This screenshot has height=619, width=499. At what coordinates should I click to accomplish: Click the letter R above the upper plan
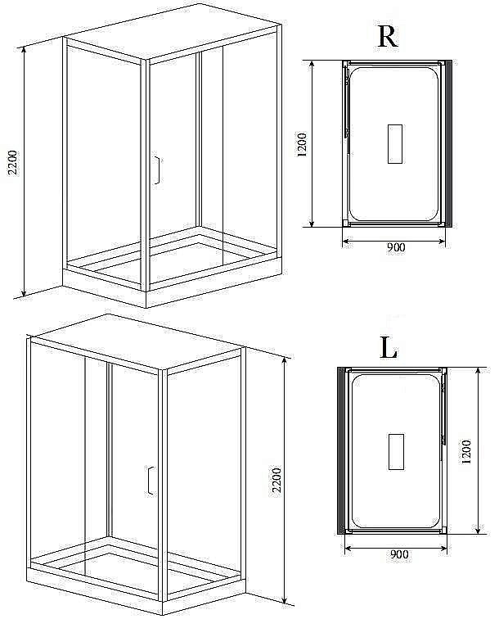[x=388, y=37]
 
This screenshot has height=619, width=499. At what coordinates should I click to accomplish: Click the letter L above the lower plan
[x=388, y=348]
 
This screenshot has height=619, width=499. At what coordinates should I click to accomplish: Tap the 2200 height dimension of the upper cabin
[x=13, y=163]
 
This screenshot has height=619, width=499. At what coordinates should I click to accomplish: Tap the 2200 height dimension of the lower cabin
[x=277, y=480]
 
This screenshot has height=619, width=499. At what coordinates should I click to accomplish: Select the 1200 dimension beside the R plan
[x=302, y=145]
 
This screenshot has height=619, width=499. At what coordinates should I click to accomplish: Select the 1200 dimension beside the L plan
[x=466, y=451]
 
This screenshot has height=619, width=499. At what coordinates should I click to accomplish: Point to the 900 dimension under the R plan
[x=396, y=247]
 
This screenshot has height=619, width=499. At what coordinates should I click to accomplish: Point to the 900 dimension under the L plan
[x=399, y=554]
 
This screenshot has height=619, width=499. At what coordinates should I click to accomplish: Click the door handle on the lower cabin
[x=151, y=480]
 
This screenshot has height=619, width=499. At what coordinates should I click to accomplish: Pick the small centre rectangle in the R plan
[x=395, y=144]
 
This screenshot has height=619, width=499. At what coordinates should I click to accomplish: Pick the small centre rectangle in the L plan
[x=396, y=452]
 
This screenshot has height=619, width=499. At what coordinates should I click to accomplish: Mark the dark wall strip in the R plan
[x=448, y=144]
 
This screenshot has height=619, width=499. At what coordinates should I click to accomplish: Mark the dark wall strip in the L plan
[x=341, y=450]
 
